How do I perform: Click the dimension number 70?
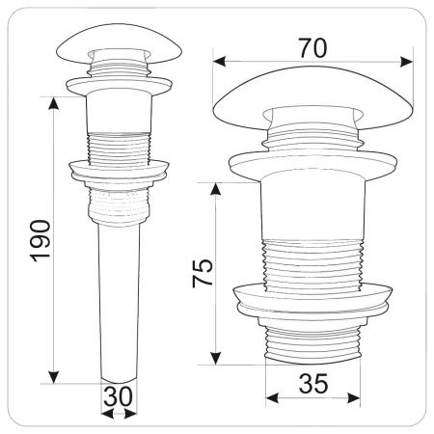point(312,48)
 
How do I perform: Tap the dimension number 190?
point(41,241)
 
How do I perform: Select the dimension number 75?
point(203,273)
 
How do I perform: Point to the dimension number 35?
point(313,384)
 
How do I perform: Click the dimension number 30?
point(118,396)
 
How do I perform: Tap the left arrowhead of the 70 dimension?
point(219,62)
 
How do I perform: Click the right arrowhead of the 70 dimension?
point(406,62)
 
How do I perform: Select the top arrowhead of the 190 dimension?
point(53,103)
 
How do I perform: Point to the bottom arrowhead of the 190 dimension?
point(53,377)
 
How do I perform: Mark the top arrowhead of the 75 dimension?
point(215,189)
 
